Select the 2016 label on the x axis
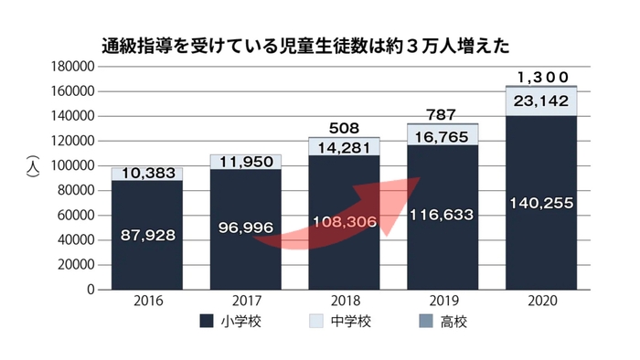pos(147,301)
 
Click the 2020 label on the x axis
pos(541,301)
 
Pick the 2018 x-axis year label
pos(344,301)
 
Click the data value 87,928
pos(146,235)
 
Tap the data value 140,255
pos(541,204)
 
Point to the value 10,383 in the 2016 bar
pos(146,174)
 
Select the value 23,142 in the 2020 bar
pos(541,101)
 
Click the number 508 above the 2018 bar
pos(344,128)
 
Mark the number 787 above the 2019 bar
pos(443,115)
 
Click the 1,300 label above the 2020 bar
pos(541,77)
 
